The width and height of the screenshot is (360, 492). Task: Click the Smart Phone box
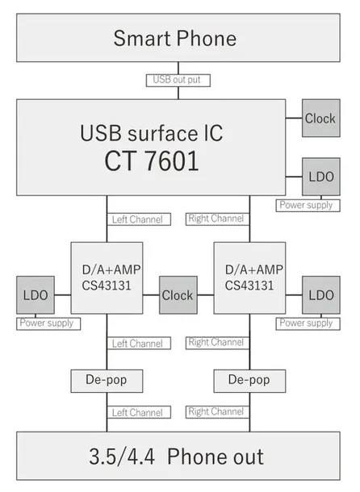coord(174,38)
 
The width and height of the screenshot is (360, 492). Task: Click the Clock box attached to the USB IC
coord(320,119)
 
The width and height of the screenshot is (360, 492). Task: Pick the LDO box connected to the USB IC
coord(320,175)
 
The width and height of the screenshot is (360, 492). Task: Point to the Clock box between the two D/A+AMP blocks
coord(178,295)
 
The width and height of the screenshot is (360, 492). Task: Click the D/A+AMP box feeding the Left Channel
coord(106,277)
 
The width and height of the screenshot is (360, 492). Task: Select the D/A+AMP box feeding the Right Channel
coord(249,277)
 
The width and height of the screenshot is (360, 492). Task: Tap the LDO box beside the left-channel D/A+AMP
coord(34,295)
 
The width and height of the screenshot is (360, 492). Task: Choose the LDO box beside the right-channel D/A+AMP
coord(320,295)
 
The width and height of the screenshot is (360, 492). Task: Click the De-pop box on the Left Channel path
coord(106,377)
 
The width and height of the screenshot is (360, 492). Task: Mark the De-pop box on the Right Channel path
coord(249,377)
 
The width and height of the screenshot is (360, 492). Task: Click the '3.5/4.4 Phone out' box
coord(177,457)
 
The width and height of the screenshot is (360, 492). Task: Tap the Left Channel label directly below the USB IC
coord(137,219)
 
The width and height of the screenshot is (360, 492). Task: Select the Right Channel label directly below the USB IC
coord(216,219)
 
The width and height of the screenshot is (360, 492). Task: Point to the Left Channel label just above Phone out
coord(137,412)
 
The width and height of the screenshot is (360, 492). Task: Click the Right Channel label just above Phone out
coord(216,412)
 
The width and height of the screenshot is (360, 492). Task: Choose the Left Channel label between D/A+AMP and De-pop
coord(137,344)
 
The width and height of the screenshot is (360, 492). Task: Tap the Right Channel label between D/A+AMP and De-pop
coord(216,343)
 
